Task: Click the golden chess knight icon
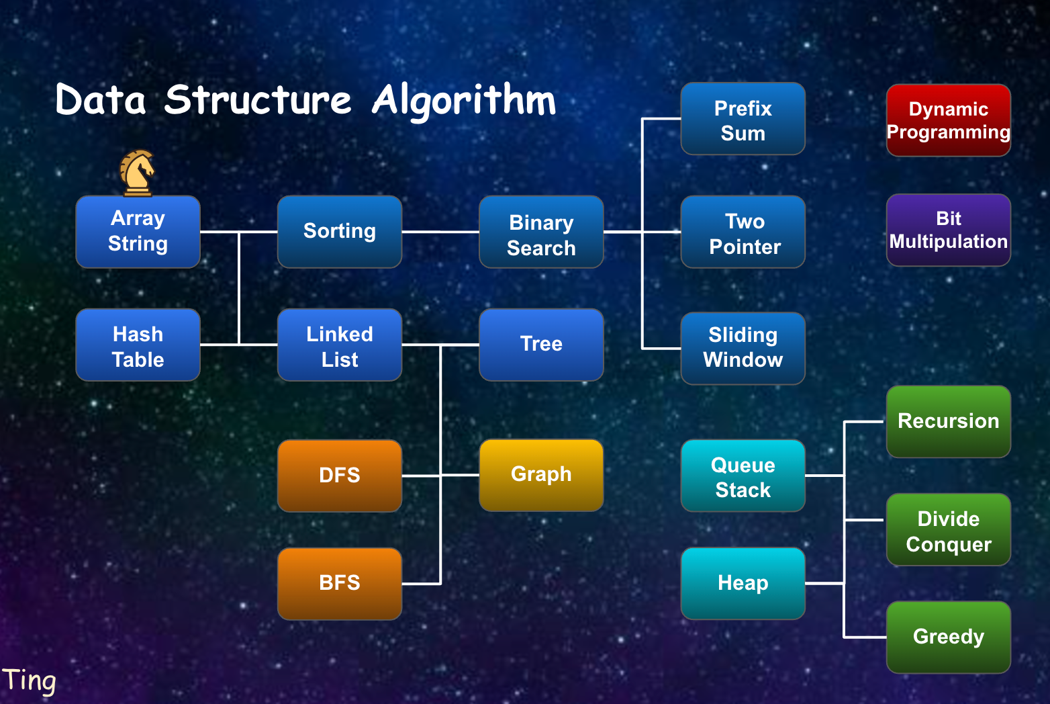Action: click(137, 173)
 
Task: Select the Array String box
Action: click(138, 232)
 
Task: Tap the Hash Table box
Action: click(138, 345)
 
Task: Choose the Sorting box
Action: click(340, 232)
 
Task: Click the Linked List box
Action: click(340, 345)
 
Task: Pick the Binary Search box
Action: click(541, 232)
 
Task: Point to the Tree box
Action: click(541, 345)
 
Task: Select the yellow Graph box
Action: click(541, 475)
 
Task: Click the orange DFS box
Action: click(340, 476)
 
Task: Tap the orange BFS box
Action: click(340, 584)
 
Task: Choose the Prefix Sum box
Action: click(743, 119)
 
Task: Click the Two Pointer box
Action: click(743, 232)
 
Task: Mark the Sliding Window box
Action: click(743, 349)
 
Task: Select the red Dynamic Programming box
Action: click(948, 120)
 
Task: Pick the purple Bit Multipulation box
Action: click(948, 230)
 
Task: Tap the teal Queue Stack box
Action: click(743, 476)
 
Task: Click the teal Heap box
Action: click(743, 584)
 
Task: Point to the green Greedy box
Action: click(948, 637)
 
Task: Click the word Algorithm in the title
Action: click(464, 101)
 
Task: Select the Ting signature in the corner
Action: click(29, 680)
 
